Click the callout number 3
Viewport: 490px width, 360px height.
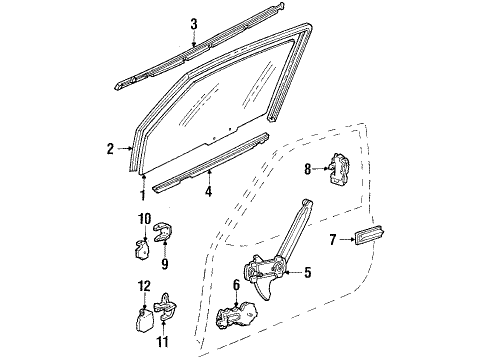(x=194, y=23)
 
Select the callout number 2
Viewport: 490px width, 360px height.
(x=112, y=150)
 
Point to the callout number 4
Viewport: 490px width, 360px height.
(x=207, y=185)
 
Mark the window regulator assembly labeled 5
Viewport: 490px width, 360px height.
(x=270, y=270)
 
